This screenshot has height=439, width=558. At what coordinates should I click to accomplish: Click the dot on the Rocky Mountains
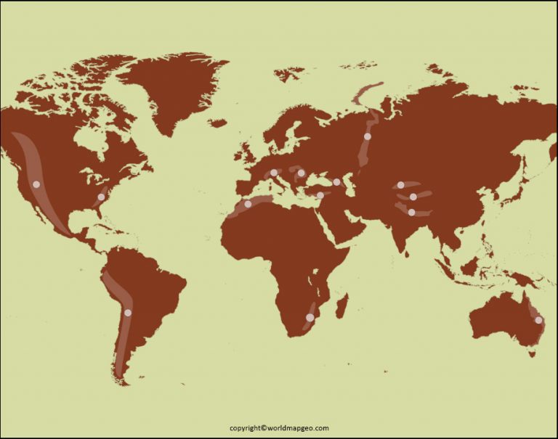(x=36, y=184)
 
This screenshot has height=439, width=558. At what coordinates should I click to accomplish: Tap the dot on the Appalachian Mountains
(x=101, y=197)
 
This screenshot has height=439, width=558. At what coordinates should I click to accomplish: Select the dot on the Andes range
(x=128, y=313)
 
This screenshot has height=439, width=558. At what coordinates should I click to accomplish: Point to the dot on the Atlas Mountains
(x=248, y=204)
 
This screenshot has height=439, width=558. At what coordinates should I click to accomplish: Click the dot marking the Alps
(x=274, y=173)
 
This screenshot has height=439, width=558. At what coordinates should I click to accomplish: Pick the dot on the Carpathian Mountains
(x=301, y=173)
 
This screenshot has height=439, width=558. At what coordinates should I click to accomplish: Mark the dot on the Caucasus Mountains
(x=336, y=182)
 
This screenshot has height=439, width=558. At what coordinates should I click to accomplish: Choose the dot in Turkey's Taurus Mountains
(x=320, y=194)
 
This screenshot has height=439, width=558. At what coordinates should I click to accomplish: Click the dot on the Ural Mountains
(x=368, y=136)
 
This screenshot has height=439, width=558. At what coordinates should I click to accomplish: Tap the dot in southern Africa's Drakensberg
(x=310, y=318)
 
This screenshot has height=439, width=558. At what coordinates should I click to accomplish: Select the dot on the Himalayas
(x=411, y=213)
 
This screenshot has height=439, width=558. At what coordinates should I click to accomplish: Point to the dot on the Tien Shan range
(x=400, y=185)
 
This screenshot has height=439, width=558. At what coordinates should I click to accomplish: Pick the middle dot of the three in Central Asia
(x=413, y=197)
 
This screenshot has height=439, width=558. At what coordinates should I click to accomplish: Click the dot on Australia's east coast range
(x=538, y=320)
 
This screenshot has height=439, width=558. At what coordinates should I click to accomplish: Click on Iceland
(x=217, y=123)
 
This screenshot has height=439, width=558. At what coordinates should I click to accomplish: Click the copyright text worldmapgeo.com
(x=279, y=428)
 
